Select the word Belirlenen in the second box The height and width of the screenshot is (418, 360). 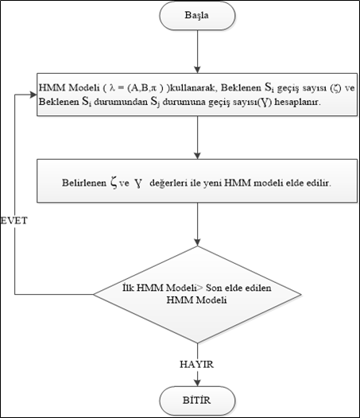tap(81, 182)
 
